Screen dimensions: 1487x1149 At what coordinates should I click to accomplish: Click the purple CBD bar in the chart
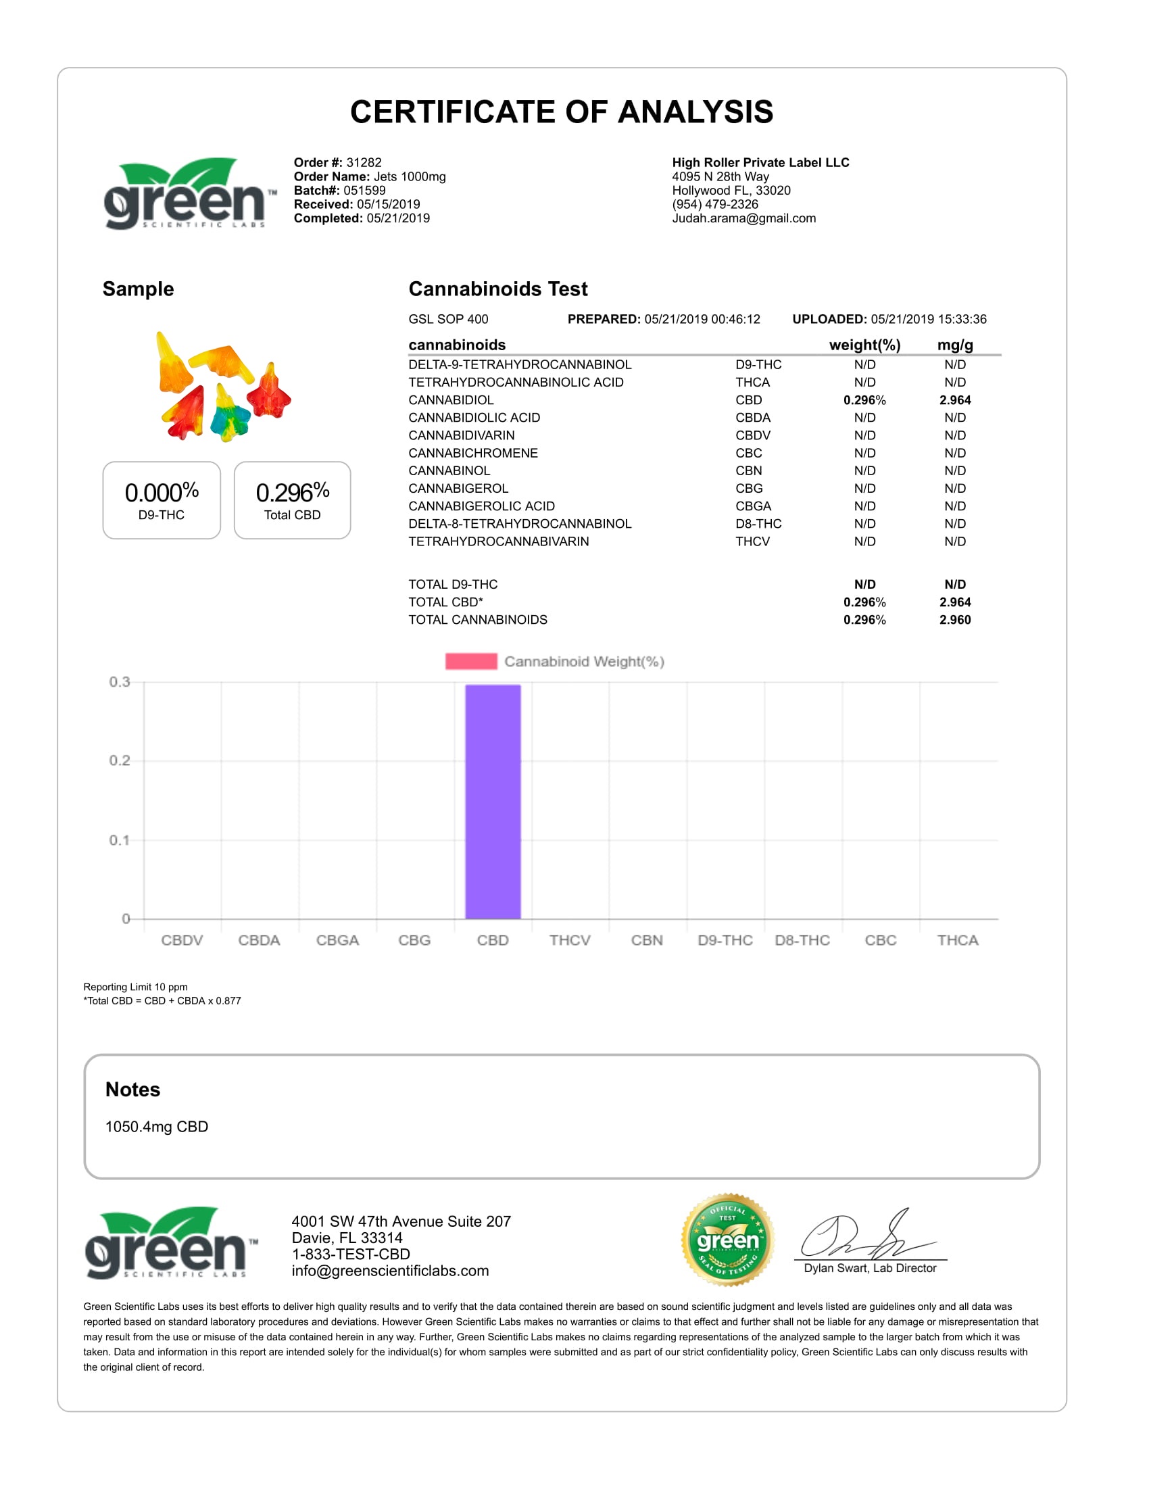[493, 802]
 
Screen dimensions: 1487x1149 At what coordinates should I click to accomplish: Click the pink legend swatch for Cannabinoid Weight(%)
[471, 661]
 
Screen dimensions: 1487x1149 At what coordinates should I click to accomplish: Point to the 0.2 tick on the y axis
[120, 760]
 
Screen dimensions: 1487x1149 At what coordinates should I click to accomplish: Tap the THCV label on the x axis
[570, 940]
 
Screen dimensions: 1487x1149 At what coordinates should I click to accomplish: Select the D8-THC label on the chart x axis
[802, 940]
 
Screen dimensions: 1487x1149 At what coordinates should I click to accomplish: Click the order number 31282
[364, 163]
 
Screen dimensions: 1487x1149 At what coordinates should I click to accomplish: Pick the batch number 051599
[364, 191]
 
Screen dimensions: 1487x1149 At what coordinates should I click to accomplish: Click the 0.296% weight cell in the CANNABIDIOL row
[864, 400]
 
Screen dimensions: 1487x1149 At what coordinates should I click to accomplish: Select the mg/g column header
[955, 345]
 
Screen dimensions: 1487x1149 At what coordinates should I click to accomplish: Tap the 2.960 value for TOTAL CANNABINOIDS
[955, 620]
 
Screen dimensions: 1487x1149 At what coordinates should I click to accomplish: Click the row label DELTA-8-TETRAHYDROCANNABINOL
[520, 525]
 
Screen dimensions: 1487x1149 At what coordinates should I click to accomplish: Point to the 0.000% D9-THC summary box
[162, 500]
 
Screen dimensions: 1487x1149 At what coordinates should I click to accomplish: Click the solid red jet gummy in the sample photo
[270, 391]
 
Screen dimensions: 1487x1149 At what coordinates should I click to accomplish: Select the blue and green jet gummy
[229, 414]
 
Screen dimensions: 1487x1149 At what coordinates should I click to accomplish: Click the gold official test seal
[728, 1240]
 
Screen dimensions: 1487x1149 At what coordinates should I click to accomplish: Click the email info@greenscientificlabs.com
[390, 1271]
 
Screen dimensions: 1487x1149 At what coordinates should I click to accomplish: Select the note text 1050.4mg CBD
[157, 1127]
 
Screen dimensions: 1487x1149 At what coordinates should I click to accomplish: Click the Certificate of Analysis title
[562, 112]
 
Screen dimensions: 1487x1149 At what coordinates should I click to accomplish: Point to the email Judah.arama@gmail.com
[744, 218]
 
